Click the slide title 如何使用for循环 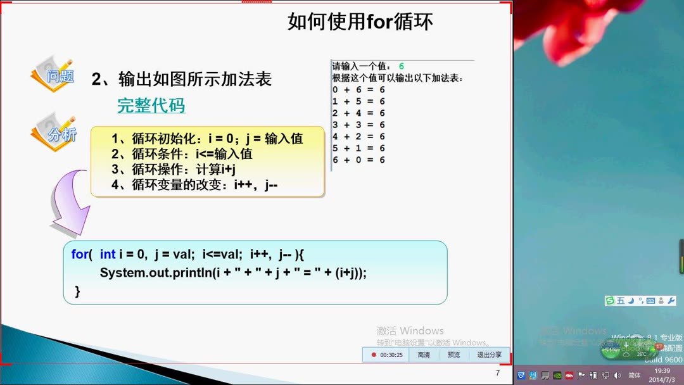[360, 22]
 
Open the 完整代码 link [151, 106]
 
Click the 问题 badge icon [53, 76]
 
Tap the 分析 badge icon [54, 133]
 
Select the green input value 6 [402, 66]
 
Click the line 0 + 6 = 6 [358, 90]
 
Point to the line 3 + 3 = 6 [358, 125]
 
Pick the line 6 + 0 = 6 [358, 160]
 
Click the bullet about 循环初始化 [207, 139]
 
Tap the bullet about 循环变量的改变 [195, 185]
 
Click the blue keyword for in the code [80, 254]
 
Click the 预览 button [454, 355]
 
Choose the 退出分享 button [489, 355]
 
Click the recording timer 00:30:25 [388, 355]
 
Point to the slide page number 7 [497, 373]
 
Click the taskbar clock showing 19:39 [662, 371]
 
